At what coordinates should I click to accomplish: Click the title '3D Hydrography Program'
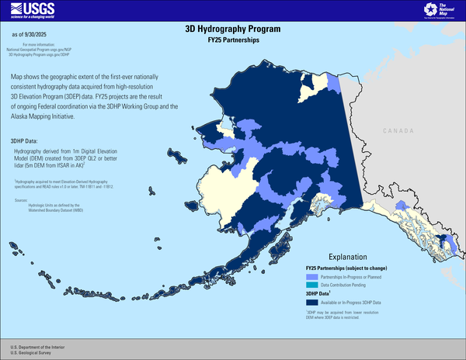click(232, 29)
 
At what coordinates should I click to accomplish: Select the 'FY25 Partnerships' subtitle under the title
click(232, 40)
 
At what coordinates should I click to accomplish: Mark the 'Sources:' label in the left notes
click(21, 199)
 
